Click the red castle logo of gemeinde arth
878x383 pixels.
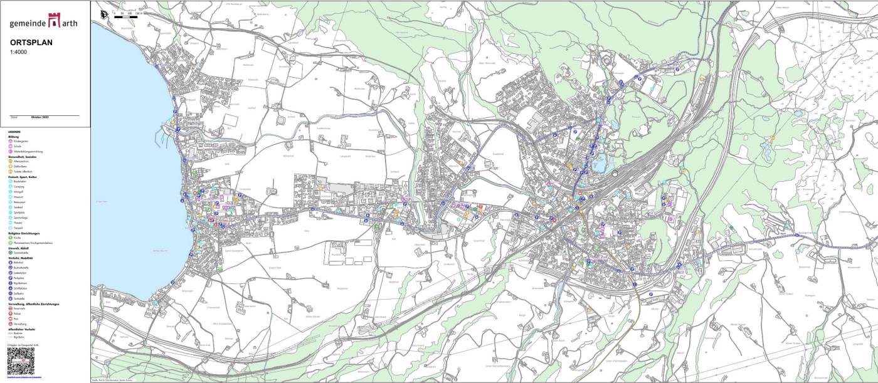point(55,22)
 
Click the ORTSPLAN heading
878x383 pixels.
point(31,43)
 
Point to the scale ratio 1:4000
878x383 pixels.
point(19,52)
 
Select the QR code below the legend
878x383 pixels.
point(19,361)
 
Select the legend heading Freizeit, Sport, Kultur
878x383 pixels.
point(23,177)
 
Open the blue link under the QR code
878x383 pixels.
point(24,377)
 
